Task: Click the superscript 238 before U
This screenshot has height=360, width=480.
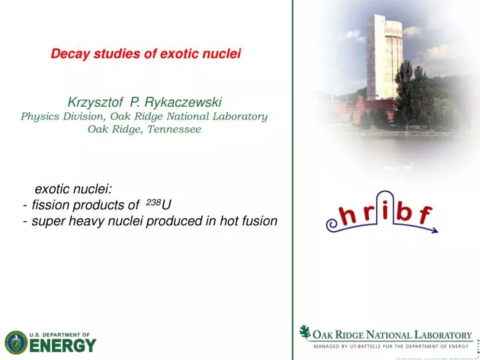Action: click(x=152, y=200)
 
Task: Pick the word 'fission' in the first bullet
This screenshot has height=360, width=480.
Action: click(x=49, y=204)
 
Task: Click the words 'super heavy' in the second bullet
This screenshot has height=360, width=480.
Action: click(x=63, y=221)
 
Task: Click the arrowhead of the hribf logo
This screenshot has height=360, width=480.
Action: click(x=435, y=231)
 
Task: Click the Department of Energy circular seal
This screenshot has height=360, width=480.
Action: click(x=16, y=343)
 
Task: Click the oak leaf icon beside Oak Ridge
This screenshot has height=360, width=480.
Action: click(x=305, y=332)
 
